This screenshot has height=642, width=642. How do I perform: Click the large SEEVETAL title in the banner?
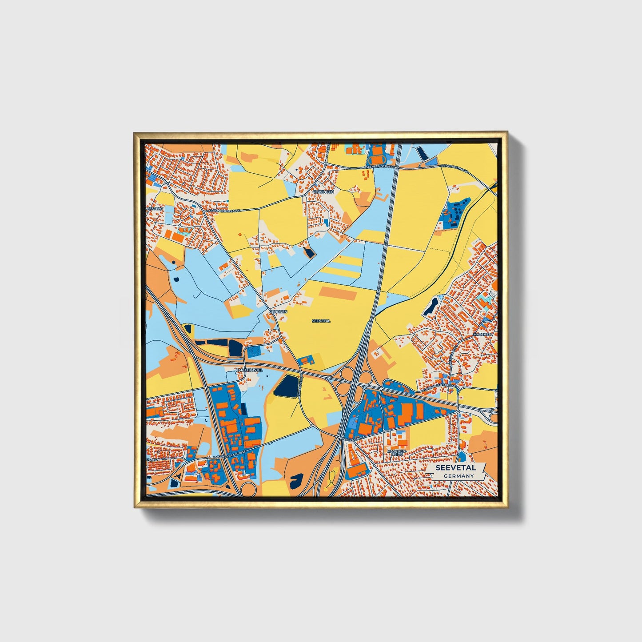coord(455,468)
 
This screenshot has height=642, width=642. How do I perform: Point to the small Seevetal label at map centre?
coord(321,321)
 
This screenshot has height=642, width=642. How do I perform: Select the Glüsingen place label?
coord(323,191)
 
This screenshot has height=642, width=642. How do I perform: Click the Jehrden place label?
coord(279,312)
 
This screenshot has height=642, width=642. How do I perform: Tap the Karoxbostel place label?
coord(249,370)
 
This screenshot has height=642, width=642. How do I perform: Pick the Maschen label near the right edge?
coord(482,334)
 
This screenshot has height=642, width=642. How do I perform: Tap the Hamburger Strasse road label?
coord(439,388)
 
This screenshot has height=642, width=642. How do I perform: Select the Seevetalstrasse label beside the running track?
coord(380,166)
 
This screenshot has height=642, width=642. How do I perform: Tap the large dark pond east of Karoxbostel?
coord(286,386)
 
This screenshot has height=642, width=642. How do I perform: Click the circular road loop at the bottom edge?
coord(247,490)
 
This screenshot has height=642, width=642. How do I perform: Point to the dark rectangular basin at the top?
coord(423,153)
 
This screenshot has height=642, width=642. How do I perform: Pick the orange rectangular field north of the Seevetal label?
coord(339,293)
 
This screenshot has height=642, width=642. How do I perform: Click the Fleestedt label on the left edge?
coord(155,208)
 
